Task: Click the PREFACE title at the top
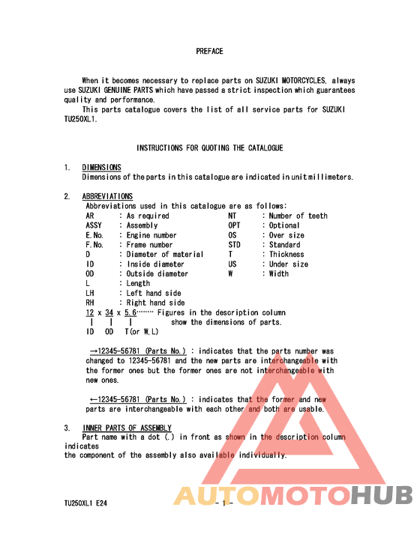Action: click(209, 52)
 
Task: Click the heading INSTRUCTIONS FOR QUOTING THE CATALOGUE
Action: click(209, 148)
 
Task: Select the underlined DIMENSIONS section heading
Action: click(101, 167)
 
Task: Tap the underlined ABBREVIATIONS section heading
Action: click(107, 196)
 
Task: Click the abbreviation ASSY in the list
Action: click(94, 225)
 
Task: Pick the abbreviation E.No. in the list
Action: click(94, 235)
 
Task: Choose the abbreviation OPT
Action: click(234, 225)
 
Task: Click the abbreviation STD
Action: click(234, 245)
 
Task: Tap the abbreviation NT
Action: click(232, 216)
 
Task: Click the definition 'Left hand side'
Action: click(154, 294)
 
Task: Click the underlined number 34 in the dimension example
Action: click(109, 312)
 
